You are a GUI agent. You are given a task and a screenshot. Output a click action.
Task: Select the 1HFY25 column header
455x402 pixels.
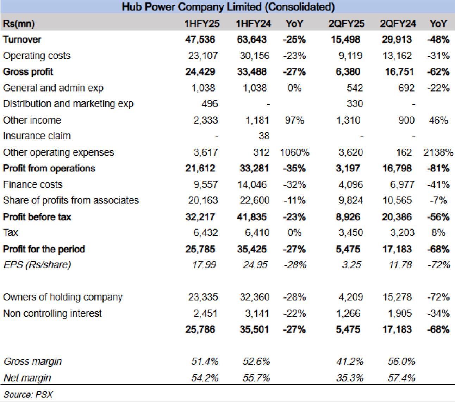[x=202, y=24]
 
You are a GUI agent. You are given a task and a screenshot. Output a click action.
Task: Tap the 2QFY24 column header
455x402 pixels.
[x=398, y=24]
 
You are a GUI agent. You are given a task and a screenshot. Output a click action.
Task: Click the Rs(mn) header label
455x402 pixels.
[x=19, y=24]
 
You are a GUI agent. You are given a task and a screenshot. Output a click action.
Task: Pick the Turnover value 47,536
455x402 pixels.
[x=200, y=40]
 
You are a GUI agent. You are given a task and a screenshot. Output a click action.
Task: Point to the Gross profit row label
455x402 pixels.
[x=28, y=72]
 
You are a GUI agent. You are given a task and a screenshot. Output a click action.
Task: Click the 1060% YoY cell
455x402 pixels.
[x=295, y=153]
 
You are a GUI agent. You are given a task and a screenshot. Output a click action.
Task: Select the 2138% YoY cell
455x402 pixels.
[x=438, y=153]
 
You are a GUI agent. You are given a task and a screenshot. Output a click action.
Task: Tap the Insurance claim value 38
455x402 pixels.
[x=264, y=136]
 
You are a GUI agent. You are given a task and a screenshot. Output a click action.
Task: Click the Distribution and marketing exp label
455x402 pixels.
[x=68, y=104]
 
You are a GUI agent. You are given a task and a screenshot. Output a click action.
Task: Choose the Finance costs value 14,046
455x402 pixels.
[x=252, y=185]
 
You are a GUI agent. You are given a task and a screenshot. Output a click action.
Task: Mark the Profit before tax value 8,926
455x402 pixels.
[x=348, y=217]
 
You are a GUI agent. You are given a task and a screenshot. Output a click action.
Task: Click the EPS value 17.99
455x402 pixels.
[x=204, y=265]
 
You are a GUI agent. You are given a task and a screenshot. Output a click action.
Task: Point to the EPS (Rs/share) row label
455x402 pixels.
[x=37, y=265]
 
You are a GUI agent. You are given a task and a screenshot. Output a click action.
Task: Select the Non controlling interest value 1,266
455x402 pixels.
[x=348, y=314]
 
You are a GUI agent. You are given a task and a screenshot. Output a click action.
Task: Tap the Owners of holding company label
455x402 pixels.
[x=63, y=297]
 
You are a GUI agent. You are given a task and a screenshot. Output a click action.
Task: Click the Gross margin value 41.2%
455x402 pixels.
[x=350, y=362]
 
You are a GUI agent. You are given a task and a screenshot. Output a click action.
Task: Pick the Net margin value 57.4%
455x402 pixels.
[x=401, y=378]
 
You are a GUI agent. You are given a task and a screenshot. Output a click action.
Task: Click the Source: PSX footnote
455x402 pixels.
[x=28, y=395]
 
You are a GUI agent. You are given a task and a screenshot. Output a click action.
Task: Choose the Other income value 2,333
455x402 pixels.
[x=206, y=120]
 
